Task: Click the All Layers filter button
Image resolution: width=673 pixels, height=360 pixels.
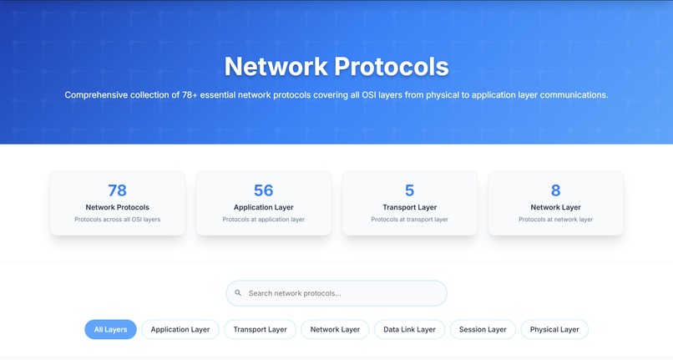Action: pyautogui.click(x=110, y=329)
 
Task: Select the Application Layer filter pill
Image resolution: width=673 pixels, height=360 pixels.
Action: pyautogui.click(x=180, y=329)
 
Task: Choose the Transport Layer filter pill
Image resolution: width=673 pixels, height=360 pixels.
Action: pyautogui.click(x=261, y=329)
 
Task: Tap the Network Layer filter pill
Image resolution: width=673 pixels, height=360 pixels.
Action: pyautogui.click(x=335, y=329)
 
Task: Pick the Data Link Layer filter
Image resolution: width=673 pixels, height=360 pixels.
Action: pyautogui.click(x=409, y=329)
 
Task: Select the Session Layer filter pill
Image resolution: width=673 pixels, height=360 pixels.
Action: pyautogui.click(x=483, y=329)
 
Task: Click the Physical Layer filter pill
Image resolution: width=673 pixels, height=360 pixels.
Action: pyautogui.click(x=554, y=329)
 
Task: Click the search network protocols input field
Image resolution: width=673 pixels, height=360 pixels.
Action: pyautogui.click(x=336, y=293)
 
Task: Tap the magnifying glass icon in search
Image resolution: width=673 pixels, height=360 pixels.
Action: pyautogui.click(x=238, y=293)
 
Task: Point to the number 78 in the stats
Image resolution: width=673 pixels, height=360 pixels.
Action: pyautogui.click(x=117, y=190)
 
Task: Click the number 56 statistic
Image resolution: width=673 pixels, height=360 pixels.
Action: pyautogui.click(x=264, y=190)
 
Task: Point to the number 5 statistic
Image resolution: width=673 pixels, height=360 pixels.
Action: pyautogui.click(x=409, y=190)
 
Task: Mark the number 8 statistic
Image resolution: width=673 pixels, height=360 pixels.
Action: pyautogui.click(x=556, y=190)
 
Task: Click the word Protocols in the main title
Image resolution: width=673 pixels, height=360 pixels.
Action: pyautogui.click(x=392, y=67)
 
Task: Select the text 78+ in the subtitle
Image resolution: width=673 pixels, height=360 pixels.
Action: pyautogui.click(x=190, y=95)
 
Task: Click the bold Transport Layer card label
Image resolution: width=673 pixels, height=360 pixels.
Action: pyautogui.click(x=409, y=207)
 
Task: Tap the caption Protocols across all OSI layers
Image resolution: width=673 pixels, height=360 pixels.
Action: pyautogui.click(x=117, y=220)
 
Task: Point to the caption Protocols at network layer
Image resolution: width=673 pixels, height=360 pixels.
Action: pyautogui.click(x=556, y=220)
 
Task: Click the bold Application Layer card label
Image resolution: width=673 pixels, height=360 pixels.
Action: pyautogui.click(x=264, y=207)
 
